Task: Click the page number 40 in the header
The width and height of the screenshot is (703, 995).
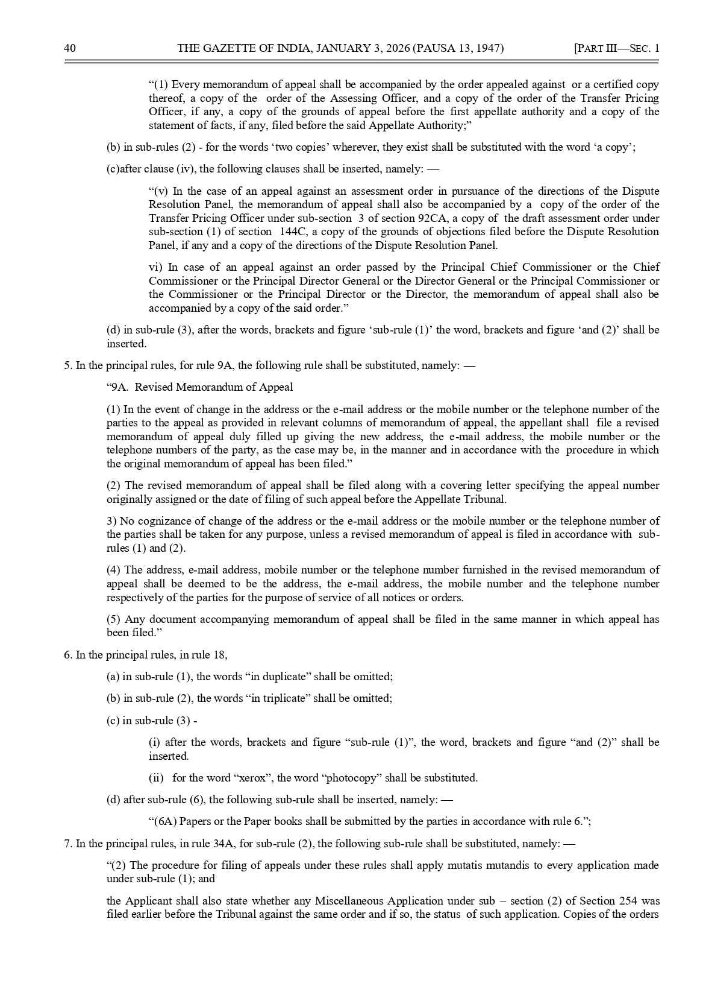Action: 69,48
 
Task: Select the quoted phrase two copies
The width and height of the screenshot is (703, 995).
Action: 305,147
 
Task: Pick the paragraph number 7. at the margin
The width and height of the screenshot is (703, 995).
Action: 67,844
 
